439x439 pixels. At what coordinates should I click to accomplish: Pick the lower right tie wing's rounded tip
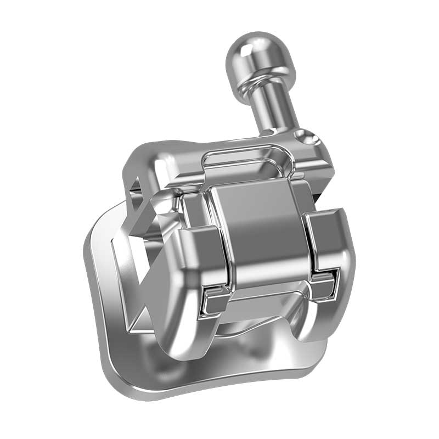point(318,329)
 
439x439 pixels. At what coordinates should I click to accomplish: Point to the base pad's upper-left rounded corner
point(96,230)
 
